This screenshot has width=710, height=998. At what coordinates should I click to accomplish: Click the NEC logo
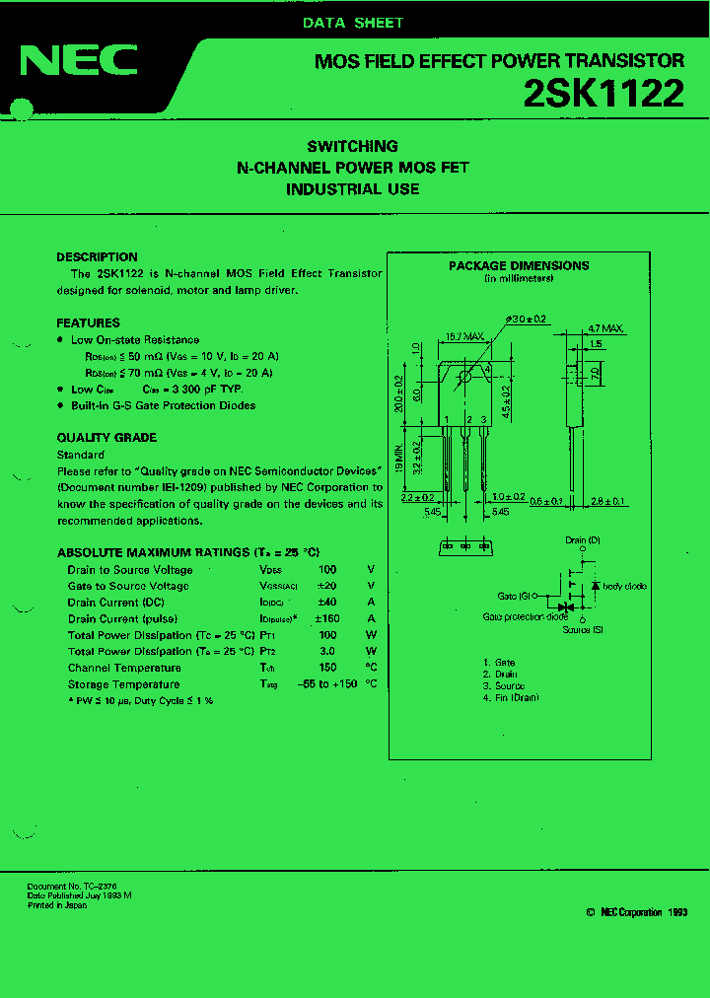pos(79,61)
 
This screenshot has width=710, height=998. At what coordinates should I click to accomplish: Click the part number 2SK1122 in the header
pos(603,94)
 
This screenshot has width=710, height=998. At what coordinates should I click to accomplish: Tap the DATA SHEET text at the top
pos(353,23)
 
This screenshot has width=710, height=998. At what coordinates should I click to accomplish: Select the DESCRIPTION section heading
pos(97,257)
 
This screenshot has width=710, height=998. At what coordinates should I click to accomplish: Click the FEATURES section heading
pos(88,323)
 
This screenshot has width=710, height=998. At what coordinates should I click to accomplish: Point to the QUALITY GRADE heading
pos(106,438)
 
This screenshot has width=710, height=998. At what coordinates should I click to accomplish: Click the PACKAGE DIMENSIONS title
pos(519,266)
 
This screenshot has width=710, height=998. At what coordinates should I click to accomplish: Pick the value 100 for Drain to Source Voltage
pos(327,570)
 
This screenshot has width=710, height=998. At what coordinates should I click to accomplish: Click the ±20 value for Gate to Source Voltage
pos(327,586)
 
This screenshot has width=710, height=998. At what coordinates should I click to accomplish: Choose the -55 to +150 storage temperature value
pos(327,684)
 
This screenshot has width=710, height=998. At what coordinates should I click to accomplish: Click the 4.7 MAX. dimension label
pos(605,328)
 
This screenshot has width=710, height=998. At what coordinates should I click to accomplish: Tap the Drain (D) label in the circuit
pos(581,540)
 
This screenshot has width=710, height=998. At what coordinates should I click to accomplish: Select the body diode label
pos(624,587)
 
